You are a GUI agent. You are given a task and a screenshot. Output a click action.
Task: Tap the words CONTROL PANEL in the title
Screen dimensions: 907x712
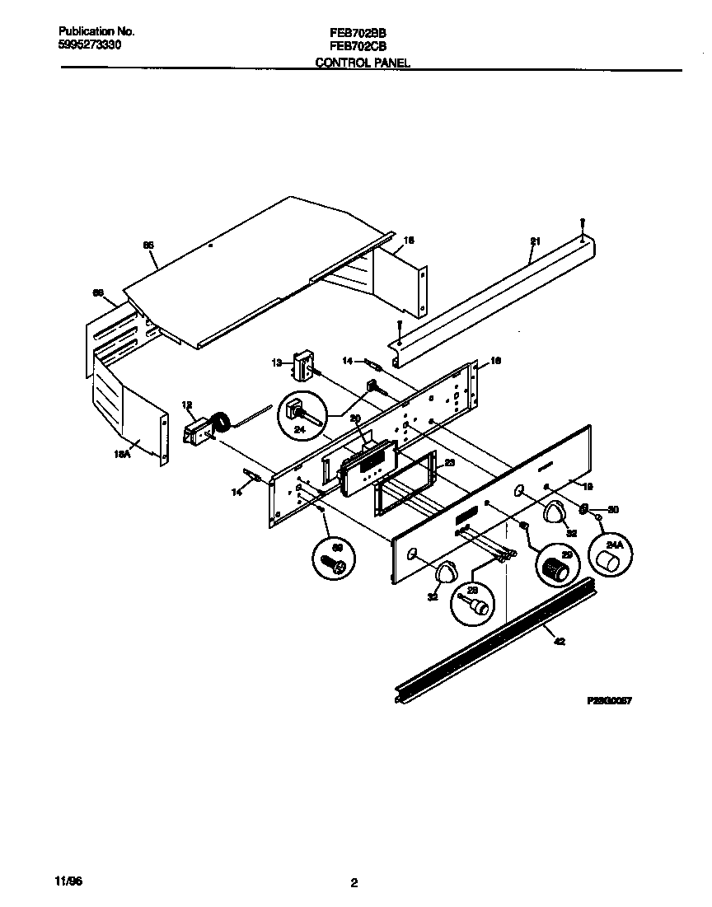pos(363,63)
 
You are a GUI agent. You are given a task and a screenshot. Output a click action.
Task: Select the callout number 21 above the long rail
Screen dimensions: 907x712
pos(535,241)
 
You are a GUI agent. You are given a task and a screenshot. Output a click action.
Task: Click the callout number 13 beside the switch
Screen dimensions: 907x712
pos(276,362)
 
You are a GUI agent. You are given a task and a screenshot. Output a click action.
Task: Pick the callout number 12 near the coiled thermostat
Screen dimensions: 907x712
pos(186,404)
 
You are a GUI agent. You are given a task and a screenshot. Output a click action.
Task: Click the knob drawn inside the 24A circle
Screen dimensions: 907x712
pos(608,563)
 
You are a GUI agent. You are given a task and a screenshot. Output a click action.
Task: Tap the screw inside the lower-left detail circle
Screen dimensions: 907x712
pos(334,564)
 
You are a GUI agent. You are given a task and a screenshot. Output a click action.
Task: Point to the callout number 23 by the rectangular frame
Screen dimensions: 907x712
pos(449,463)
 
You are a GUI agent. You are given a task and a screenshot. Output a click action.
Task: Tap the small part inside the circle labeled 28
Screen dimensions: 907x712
pos(477,607)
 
